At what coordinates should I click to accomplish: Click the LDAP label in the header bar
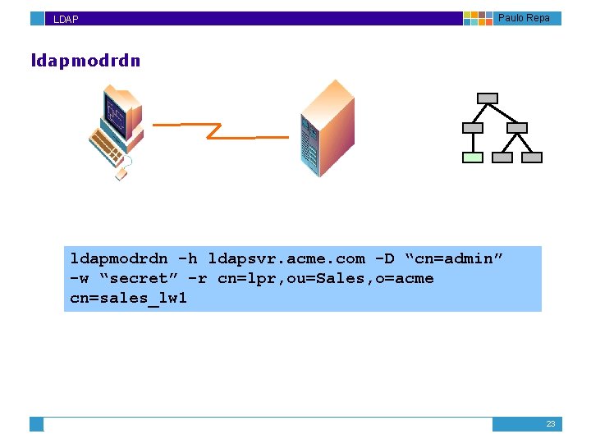tap(66, 19)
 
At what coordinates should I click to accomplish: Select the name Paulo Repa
tap(524, 18)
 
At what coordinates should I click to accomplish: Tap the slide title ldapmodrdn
tap(85, 61)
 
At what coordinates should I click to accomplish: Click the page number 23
tap(551, 424)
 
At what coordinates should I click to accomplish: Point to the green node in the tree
tap(473, 158)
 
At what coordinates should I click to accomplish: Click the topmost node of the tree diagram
tap(488, 98)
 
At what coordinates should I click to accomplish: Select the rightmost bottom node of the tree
tap(532, 158)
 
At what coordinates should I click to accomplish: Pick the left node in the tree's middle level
tap(473, 128)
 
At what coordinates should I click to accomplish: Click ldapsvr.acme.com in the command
tap(286, 259)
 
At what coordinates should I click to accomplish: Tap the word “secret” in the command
tap(139, 279)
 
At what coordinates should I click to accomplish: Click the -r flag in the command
tap(198, 279)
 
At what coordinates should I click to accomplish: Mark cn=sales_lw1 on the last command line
tap(129, 299)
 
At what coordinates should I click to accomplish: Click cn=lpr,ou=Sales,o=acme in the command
tap(326, 279)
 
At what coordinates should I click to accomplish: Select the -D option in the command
tap(385, 259)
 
